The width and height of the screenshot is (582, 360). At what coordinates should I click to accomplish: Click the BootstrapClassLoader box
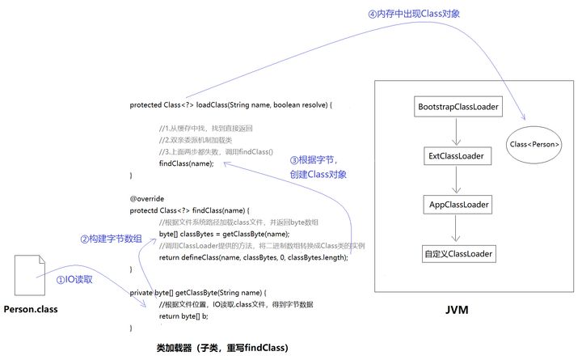tap(458, 107)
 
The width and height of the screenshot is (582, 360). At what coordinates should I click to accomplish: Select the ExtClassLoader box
tap(458, 155)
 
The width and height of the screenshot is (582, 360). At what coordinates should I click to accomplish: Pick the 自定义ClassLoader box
tap(458, 253)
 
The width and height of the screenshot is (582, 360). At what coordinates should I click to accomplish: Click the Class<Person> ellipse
tap(534, 145)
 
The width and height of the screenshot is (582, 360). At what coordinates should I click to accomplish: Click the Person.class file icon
tap(28, 274)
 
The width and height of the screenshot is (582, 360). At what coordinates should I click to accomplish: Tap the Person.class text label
tap(32, 309)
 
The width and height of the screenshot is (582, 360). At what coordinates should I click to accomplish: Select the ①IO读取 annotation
tap(74, 277)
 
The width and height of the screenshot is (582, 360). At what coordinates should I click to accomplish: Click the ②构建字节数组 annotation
tap(111, 239)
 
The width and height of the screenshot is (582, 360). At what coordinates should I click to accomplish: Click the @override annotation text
tap(147, 197)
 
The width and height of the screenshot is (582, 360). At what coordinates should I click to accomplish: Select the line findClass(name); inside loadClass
tap(187, 163)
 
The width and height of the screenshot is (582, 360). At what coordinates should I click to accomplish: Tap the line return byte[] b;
tap(187, 316)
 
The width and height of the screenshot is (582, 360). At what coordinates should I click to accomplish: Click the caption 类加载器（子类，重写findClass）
tap(222, 347)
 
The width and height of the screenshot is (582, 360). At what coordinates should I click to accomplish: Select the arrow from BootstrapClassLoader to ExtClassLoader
tap(458, 131)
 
